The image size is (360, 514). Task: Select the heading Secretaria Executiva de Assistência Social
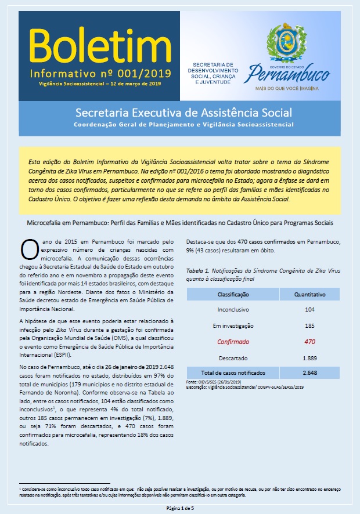(x=183, y=112)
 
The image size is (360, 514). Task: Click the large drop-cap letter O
(x=29, y=248)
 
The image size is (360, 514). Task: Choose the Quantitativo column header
(x=309, y=295)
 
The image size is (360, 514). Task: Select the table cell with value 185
(x=309, y=326)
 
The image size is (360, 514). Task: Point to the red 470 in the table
(x=309, y=342)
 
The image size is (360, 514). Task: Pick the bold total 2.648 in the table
(x=309, y=372)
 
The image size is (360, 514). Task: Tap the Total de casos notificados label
(x=233, y=372)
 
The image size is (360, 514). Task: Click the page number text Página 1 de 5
(x=180, y=508)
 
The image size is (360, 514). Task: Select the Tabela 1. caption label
(x=202, y=270)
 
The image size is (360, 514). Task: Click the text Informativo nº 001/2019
(x=96, y=74)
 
